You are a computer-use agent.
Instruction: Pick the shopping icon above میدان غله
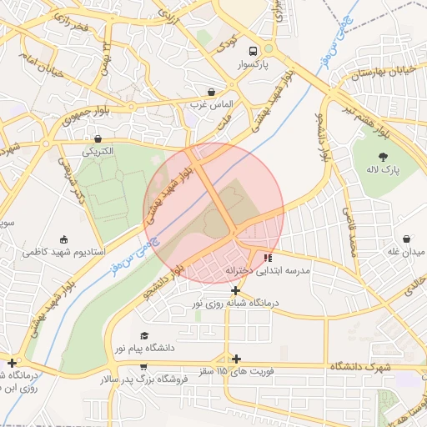pyautogui.click(x=406, y=239)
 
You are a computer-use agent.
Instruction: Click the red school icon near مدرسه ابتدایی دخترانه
pyautogui.click(x=267, y=258)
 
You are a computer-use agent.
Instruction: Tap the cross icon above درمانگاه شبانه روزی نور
pyautogui.click(x=237, y=291)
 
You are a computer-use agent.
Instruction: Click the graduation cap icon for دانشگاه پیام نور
pyautogui.click(x=145, y=334)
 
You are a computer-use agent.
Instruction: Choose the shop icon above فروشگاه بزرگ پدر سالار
pyautogui.click(x=143, y=366)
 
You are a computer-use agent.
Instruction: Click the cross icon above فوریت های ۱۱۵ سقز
pyautogui.click(x=237, y=358)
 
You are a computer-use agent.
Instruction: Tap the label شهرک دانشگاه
pyautogui.click(x=360, y=367)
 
